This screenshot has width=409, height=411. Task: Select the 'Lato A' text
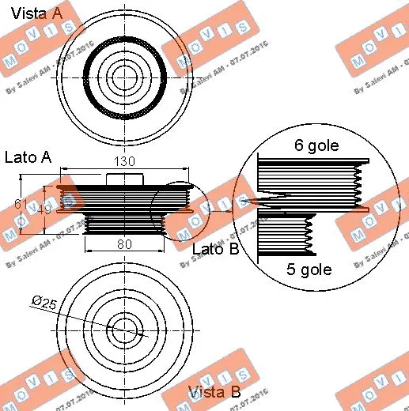(x=28, y=157)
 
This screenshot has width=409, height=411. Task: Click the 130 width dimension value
(x=125, y=161)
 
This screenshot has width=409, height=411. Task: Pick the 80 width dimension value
(x=124, y=244)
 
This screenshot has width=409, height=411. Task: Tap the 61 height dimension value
(x=21, y=205)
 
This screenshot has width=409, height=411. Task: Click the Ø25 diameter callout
(x=43, y=302)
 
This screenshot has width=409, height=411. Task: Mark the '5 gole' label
(x=309, y=269)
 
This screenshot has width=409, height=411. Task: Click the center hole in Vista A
(x=123, y=76)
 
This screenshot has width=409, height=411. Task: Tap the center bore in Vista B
(x=123, y=328)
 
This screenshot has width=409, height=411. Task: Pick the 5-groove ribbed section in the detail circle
(x=289, y=233)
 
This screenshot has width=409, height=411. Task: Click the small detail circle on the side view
(x=180, y=207)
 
